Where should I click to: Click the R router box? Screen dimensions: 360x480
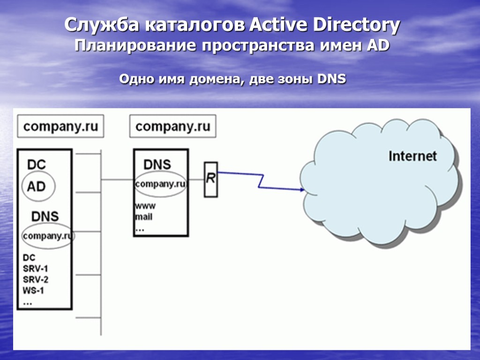tap(211, 179)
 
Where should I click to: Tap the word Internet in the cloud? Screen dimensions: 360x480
tap(412, 156)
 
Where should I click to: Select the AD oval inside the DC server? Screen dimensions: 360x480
tap(37, 187)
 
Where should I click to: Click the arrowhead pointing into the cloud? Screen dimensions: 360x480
tap(301, 190)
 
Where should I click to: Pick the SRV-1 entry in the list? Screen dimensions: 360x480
tap(36, 269)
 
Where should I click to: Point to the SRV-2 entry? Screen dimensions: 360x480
tap(36, 280)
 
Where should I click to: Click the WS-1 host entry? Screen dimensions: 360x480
tap(33, 291)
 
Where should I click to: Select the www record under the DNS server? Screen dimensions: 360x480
tap(145, 206)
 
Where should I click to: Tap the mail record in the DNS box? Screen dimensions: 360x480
tap(143, 217)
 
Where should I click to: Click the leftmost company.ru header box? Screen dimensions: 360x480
tap(60, 127)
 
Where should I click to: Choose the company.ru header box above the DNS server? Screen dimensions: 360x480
tap(172, 127)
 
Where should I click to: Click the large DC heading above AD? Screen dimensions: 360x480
tap(37, 165)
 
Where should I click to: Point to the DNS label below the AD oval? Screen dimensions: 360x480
tap(45, 216)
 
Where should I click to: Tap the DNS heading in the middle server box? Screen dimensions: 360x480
tap(157, 165)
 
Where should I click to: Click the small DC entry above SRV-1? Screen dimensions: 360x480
tap(29, 258)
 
